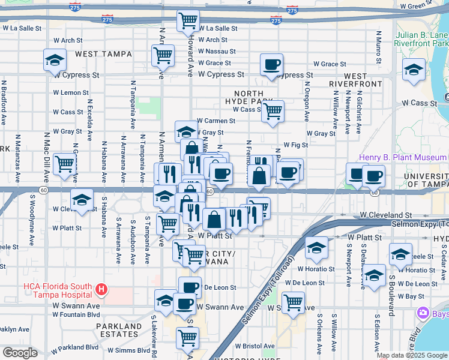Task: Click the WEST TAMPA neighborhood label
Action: (x=103, y=54)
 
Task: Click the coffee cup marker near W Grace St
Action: (x=271, y=64)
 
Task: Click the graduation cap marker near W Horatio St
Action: (x=316, y=247)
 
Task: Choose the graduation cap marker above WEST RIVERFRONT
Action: (x=414, y=70)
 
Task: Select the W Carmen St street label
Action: (x=215, y=121)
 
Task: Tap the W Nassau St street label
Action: (x=217, y=52)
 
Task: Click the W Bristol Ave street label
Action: (x=255, y=346)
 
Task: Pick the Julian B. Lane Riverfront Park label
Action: (x=421, y=39)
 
